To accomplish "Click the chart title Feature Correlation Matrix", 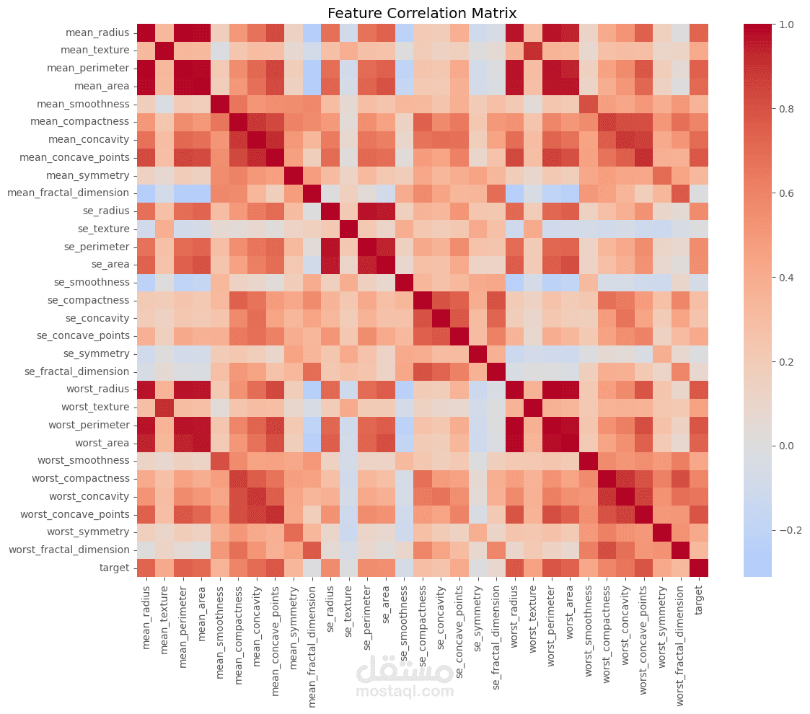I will click(x=422, y=13).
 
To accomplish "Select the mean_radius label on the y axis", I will click(x=97, y=32).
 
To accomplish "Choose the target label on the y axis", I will click(x=115, y=568).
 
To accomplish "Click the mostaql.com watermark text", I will click(x=405, y=692).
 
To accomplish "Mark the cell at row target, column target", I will click(x=698, y=568).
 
